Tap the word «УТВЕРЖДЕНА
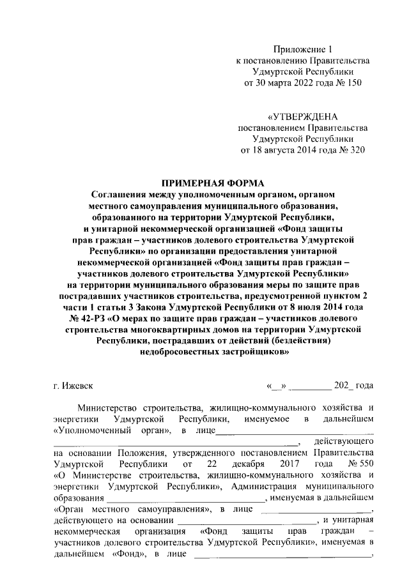point(303,117)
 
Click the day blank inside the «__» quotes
point(277,386)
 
